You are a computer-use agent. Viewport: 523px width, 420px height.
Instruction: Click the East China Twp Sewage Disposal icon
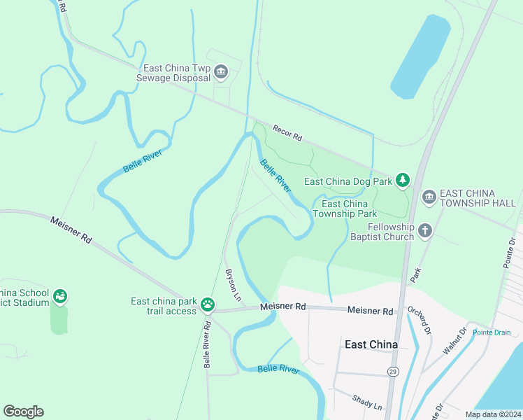point(222,71)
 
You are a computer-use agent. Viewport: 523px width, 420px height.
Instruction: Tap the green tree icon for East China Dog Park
point(402,181)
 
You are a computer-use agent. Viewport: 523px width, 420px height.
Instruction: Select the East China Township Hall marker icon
point(429,198)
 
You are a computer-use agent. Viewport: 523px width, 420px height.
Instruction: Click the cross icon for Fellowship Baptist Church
point(424,230)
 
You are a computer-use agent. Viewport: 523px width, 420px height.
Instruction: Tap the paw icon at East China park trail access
point(208,304)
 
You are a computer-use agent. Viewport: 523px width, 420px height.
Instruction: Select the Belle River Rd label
point(208,344)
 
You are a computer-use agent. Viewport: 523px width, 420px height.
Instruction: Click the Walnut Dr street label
point(453,342)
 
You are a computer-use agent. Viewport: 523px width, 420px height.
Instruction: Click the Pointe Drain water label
point(492,332)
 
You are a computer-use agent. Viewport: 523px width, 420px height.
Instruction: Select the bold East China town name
point(371,344)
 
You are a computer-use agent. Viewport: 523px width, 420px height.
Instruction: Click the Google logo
point(23,412)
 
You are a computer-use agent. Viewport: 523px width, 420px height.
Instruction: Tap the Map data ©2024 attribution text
point(492,414)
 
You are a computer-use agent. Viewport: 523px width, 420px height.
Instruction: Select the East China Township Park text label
point(345,209)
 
